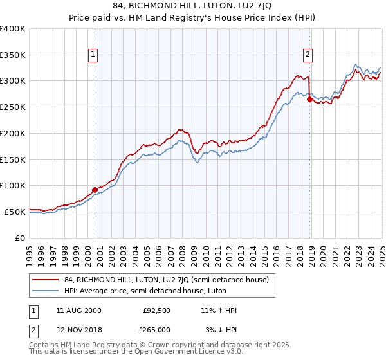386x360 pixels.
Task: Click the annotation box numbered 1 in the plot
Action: [x=94, y=55]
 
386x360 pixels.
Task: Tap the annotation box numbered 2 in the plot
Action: [x=309, y=55]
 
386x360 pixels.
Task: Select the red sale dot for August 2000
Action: [x=95, y=190]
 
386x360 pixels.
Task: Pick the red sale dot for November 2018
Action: [x=309, y=99]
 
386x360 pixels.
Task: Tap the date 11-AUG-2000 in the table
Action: [x=79, y=310]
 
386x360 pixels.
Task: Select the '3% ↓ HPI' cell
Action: [x=219, y=330]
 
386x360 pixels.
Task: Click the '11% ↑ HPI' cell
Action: [x=219, y=310]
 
